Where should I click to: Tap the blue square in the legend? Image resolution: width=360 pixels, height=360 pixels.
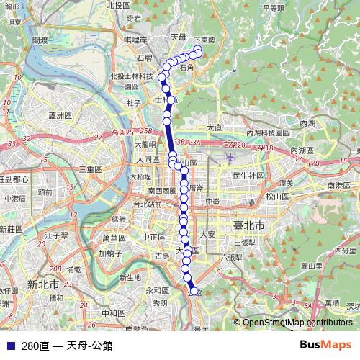(10, 346)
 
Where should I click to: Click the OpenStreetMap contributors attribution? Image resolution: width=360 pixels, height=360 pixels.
(297, 323)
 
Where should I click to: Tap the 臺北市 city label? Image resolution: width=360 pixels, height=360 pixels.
(249, 226)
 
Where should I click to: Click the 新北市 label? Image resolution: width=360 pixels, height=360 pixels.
(42, 284)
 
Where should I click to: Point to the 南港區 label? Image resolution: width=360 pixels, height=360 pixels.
(338, 185)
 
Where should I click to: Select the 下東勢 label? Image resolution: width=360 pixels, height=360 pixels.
(204, 40)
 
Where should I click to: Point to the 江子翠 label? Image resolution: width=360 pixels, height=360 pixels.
(55, 235)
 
